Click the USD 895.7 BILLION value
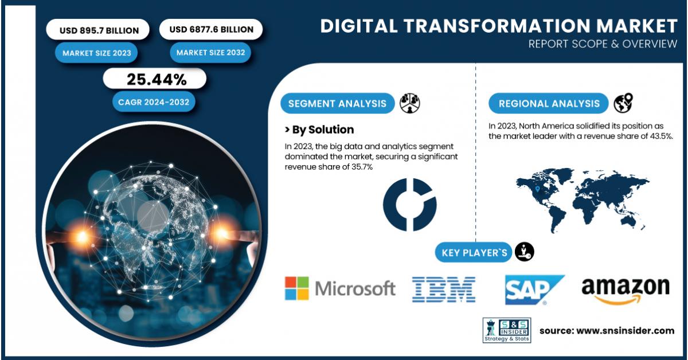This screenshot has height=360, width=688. click(x=96, y=30)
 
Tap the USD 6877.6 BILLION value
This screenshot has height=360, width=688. click(x=210, y=29)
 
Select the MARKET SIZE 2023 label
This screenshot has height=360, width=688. click(x=96, y=53)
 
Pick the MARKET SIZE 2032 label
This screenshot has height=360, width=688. click(x=210, y=53)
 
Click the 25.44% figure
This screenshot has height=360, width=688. click(x=156, y=79)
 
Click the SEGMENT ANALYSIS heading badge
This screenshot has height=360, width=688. click(x=338, y=104)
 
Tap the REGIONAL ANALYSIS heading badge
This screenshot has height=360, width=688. click(x=549, y=104)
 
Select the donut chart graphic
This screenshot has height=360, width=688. click(x=409, y=205)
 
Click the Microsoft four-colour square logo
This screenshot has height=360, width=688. click(x=297, y=288)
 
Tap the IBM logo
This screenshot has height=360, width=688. click(x=444, y=289)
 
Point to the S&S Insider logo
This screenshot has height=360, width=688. click(x=506, y=330)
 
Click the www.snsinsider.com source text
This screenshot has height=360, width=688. click(x=607, y=330)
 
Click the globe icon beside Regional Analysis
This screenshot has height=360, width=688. click(x=623, y=103)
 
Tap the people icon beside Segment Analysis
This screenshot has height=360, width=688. click(x=410, y=103)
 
